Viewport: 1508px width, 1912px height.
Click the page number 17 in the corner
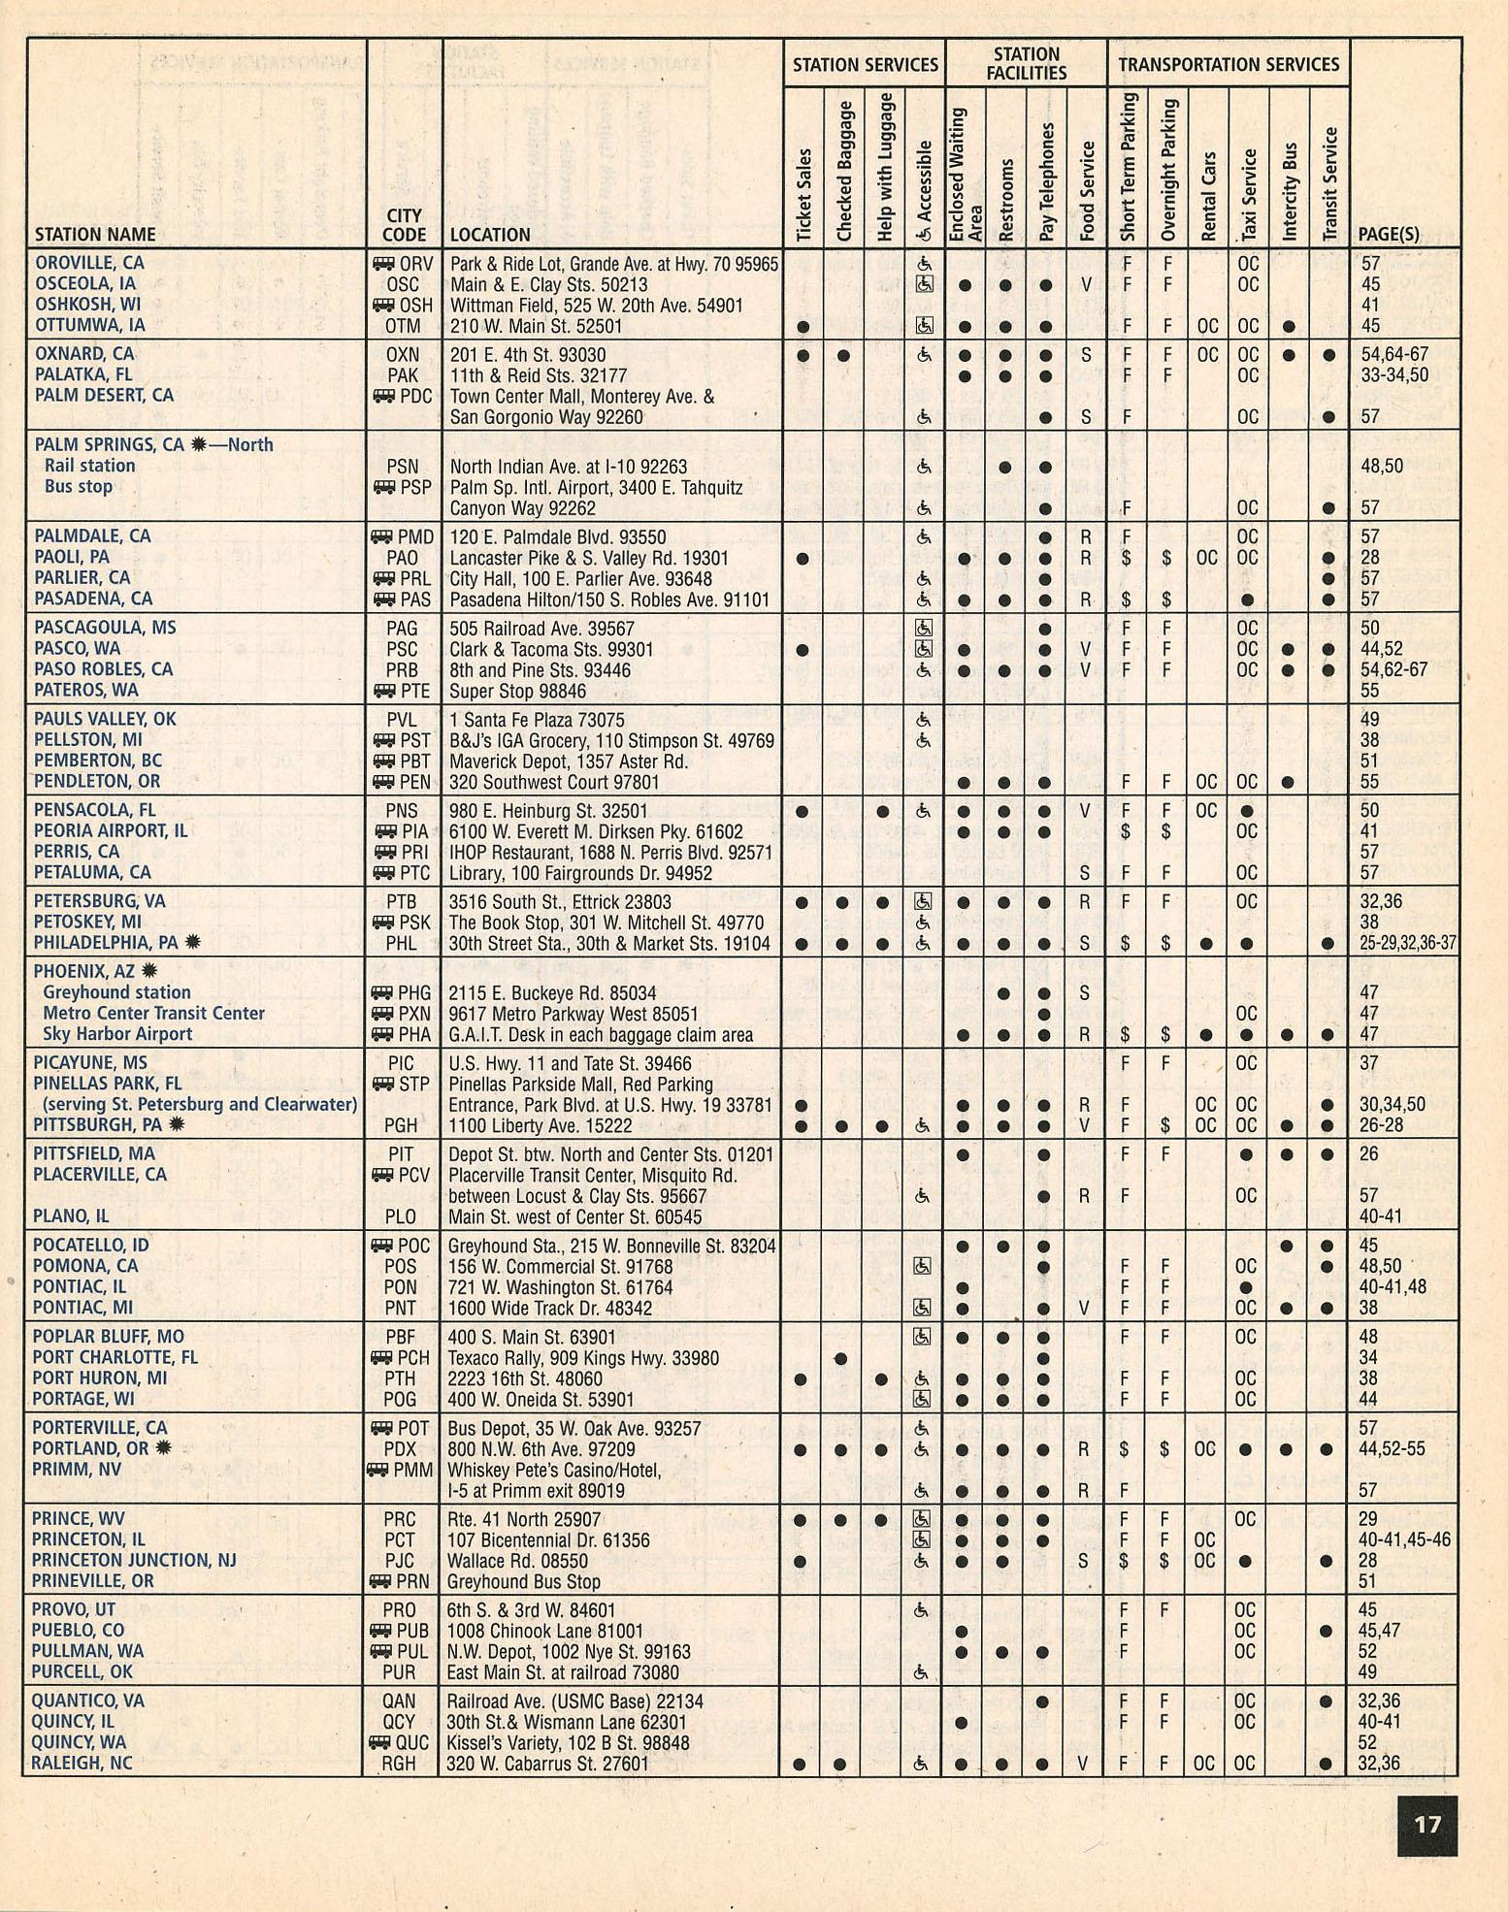click(1427, 1825)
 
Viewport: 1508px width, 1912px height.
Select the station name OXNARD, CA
click(84, 354)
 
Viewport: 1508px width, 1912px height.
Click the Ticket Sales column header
click(803, 194)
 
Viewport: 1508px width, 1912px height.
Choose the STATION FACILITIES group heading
click(1026, 63)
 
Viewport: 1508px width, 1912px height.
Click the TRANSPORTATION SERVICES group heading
click(1229, 64)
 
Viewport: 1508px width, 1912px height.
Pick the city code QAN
click(399, 1701)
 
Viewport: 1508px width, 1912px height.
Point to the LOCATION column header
click(490, 235)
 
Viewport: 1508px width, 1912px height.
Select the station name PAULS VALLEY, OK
click(105, 719)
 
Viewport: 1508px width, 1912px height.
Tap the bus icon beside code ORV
click(383, 263)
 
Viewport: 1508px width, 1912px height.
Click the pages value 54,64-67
click(1394, 354)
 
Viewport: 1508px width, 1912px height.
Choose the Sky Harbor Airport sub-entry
click(117, 1034)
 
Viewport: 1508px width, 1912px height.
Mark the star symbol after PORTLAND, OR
click(163, 1448)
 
